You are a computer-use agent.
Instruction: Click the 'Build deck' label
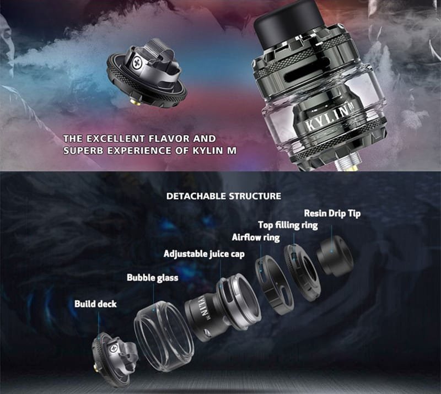(95, 304)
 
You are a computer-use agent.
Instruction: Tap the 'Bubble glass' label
(152, 278)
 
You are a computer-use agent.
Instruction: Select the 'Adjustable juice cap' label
(203, 254)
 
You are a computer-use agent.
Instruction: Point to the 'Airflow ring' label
(255, 238)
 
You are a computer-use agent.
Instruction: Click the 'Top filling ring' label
(287, 225)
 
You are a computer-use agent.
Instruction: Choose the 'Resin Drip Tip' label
(332, 213)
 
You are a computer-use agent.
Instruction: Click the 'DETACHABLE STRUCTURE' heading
(223, 196)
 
